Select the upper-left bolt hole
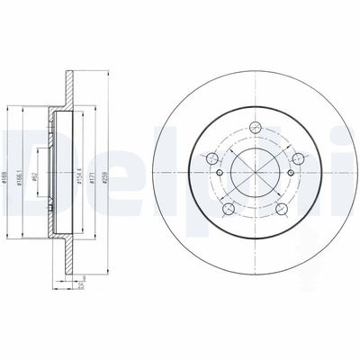click(213, 159)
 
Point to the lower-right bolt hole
click(281, 210)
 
